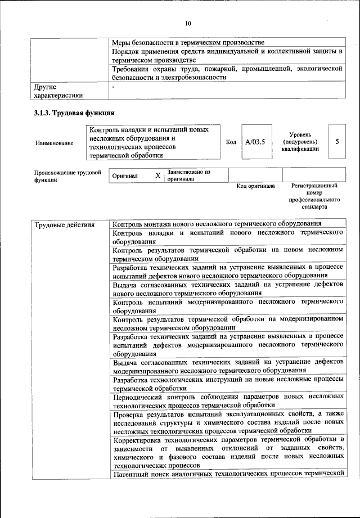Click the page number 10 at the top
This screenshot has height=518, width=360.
pos(188,23)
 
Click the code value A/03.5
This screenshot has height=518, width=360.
pos(255,142)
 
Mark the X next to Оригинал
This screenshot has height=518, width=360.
pos(158,175)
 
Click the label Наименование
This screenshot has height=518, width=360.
pos(54,143)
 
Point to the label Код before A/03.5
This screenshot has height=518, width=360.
pos(231,142)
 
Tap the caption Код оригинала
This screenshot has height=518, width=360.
pos(255,186)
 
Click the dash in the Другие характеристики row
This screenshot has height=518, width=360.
pos(114,88)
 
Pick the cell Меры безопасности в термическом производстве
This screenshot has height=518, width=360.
pos(188,42)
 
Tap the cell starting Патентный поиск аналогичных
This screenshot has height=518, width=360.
pos(228,474)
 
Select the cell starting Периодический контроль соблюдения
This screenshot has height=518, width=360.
pos(228,400)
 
